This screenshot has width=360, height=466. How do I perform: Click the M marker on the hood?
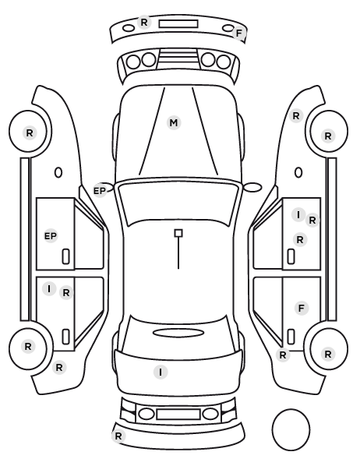(x=174, y=123)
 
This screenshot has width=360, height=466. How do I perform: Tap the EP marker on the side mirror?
(x=100, y=191)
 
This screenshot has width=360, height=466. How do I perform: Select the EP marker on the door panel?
(x=51, y=236)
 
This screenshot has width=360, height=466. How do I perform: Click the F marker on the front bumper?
(x=239, y=34)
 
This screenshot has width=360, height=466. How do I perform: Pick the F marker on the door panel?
(x=302, y=308)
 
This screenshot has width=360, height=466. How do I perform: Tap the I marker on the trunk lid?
(x=161, y=372)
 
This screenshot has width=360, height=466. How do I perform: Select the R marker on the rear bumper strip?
(x=118, y=436)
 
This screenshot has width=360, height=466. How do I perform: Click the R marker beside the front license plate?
(x=144, y=23)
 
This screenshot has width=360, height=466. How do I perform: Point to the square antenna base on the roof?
(x=178, y=233)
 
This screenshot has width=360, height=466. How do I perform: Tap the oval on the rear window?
(x=178, y=333)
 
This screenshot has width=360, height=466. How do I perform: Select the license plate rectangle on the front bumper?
(x=178, y=24)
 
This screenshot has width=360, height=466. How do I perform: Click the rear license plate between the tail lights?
(x=178, y=415)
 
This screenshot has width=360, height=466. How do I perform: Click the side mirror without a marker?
(x=252, y=187)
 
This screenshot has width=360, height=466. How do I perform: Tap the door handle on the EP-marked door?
(x=65, y=257)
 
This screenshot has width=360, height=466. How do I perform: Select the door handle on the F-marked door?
(x=291, y=337)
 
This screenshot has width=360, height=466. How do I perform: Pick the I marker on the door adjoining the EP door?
(x=49, y=289)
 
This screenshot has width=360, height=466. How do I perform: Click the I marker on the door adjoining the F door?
(x=298, y=214)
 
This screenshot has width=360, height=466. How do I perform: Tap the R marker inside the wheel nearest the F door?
(x=328, y=355)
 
